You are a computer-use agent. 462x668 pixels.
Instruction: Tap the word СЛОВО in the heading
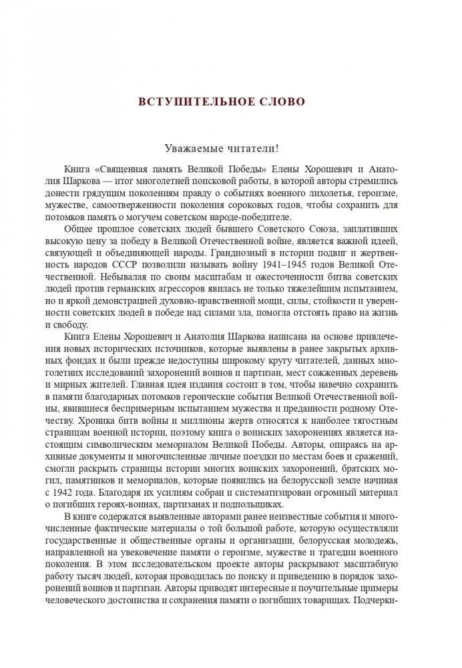click(x=282, y=102)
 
